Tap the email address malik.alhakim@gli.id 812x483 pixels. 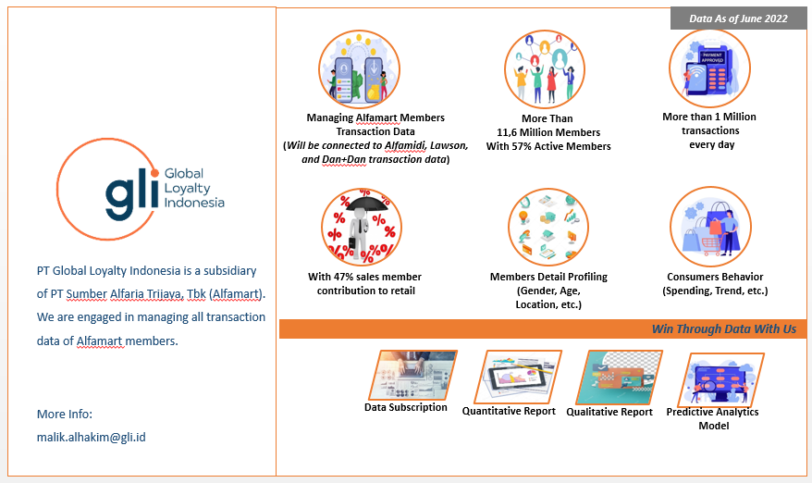pyautogui.click(x=92, y=436)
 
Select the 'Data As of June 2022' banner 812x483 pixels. pyautogui.click(x=738, y=18)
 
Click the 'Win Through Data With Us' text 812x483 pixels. pyautogui.click(x=723, y=329)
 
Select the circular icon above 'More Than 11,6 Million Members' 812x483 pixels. pyautogui.click(x=546, y=70)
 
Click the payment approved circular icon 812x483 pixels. pyautogui.click(x=708, y=69)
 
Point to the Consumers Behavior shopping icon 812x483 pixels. pyautogui.click(x=709, y=228)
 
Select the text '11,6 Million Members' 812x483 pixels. pyautogui.click(x=547, y=132)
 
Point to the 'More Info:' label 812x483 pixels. pyautogui.click(x=65, y=414)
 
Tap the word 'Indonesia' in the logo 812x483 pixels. pyautogui.click(x=193, y=203)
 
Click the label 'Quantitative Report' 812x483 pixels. pyautogui.click(x=509, y=411)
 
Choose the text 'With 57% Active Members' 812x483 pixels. pyautogui.click(x=548, y=146)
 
